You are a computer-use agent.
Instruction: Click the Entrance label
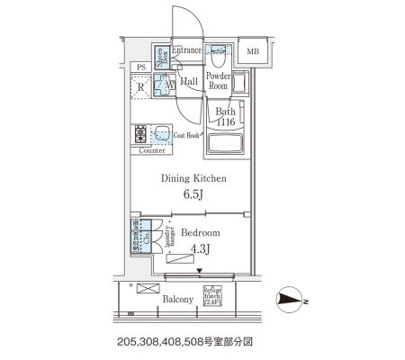click(x=185, y=51)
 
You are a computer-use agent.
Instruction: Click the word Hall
click(x=189, y=82)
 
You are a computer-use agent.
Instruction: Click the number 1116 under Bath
click(x=225, y=121)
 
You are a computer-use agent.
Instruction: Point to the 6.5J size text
click(x=193, y=194)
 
